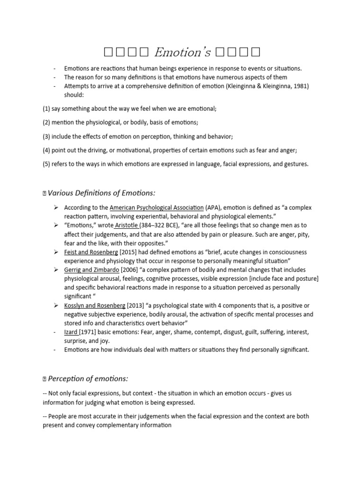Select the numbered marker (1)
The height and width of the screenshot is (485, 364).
click(x=46, y=108)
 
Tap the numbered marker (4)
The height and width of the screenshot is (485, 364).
click(x=46, y=150)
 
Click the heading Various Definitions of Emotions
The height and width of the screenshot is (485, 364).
click(x=101, y=192)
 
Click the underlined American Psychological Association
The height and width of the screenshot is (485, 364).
click(x=156, y=207)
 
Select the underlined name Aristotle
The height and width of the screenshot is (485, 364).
click(x=127, y=225)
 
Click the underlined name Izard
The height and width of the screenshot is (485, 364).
click(x=71, y=332)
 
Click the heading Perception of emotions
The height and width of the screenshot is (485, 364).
click(x=88, y=378)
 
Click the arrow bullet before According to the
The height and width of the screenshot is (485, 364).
click(x=55, y=207)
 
